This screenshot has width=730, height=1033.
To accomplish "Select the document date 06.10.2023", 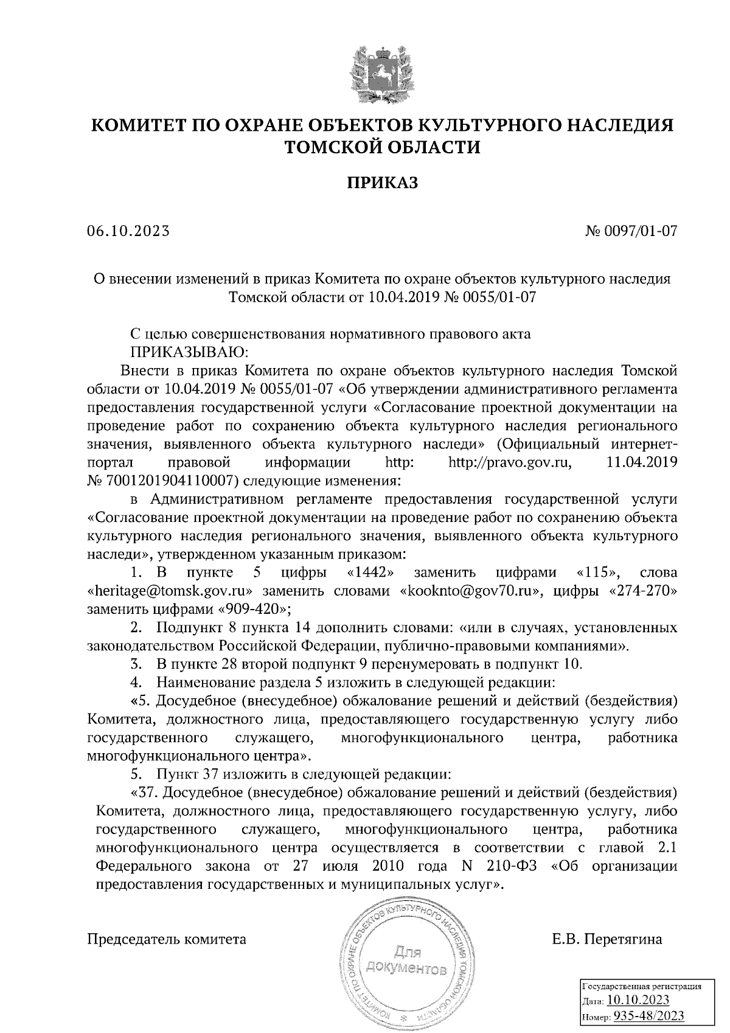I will pos(128,231).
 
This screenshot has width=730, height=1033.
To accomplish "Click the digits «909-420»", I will pos(254,608).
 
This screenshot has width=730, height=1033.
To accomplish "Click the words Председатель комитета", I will pos(167,939).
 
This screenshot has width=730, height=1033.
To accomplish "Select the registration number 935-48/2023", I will pos(648,1015).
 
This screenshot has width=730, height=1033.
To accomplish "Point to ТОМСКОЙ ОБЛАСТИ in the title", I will pos(383,147).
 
